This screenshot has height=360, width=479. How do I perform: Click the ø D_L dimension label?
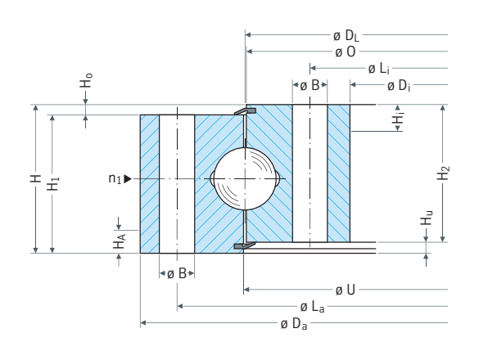pos(346,36)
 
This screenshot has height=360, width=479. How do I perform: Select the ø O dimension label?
pos(346,52)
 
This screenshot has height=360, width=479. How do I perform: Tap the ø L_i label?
pos(379,69)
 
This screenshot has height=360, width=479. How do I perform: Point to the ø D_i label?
pos(399,86)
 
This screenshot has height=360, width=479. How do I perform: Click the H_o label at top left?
pos(86,80)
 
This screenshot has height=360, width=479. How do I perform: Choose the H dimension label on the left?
pos(36,178)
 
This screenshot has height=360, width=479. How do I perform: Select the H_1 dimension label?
pos(52,183)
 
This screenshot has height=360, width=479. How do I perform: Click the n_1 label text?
pos(115,178)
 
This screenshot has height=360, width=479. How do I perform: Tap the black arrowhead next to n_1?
pos(128,178)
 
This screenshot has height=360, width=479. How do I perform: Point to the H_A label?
pos(120,241)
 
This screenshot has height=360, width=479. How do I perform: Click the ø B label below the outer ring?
pos(177,273)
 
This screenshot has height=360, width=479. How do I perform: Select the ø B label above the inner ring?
pos(310,85)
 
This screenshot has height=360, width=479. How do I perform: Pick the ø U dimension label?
pos(346,290)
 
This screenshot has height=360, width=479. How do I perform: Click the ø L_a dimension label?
pos(312,307)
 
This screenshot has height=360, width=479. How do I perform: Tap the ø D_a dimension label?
pos(294,324)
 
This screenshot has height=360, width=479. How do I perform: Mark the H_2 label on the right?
pos(444,173)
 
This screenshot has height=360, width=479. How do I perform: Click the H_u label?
pos(427,218)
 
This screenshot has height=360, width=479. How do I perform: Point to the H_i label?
pos(399,118)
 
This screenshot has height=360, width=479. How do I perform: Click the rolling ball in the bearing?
pos(244,178)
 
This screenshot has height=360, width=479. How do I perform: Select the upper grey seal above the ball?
pos(245,111)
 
